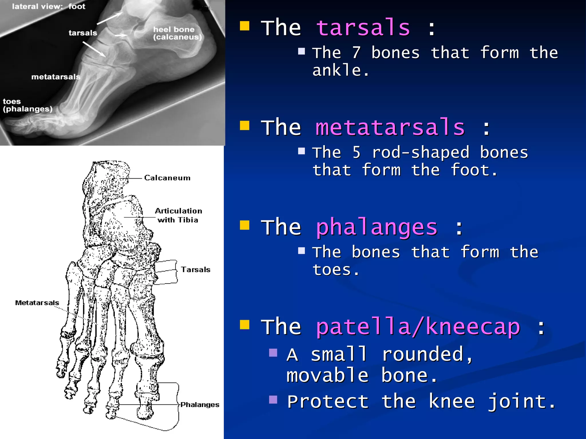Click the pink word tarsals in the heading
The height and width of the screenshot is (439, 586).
pos(363,28)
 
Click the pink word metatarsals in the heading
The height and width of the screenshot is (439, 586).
pos(390,127)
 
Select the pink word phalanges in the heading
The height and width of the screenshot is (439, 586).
pos(376,228)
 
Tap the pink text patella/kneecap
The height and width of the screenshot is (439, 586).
pos(418,327)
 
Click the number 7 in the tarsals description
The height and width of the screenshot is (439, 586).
pos(356,53)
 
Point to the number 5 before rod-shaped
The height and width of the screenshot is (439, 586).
pos(356,153)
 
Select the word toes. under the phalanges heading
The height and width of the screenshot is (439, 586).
pos(336,270)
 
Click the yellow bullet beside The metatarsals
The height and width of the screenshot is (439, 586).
pos(245,125)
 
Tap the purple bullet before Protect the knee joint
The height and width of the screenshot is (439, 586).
pos(273,400)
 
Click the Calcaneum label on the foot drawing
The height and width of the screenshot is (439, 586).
pos(167,178)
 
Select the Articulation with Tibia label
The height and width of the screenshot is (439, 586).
pos(178,215)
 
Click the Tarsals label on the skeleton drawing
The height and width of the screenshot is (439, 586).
pos(195,270)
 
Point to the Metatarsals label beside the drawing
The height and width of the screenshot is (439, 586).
pos(37,303)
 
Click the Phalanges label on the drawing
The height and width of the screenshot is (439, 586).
pos(200,405)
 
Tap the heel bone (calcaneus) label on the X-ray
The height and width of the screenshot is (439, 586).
pos(177,33)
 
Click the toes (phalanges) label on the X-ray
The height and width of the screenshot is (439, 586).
pos(27,105)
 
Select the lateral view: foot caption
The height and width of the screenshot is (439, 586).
pos(49,7)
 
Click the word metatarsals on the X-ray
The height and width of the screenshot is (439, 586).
pos(56,77)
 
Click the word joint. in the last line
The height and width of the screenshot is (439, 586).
pos(521,402)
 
